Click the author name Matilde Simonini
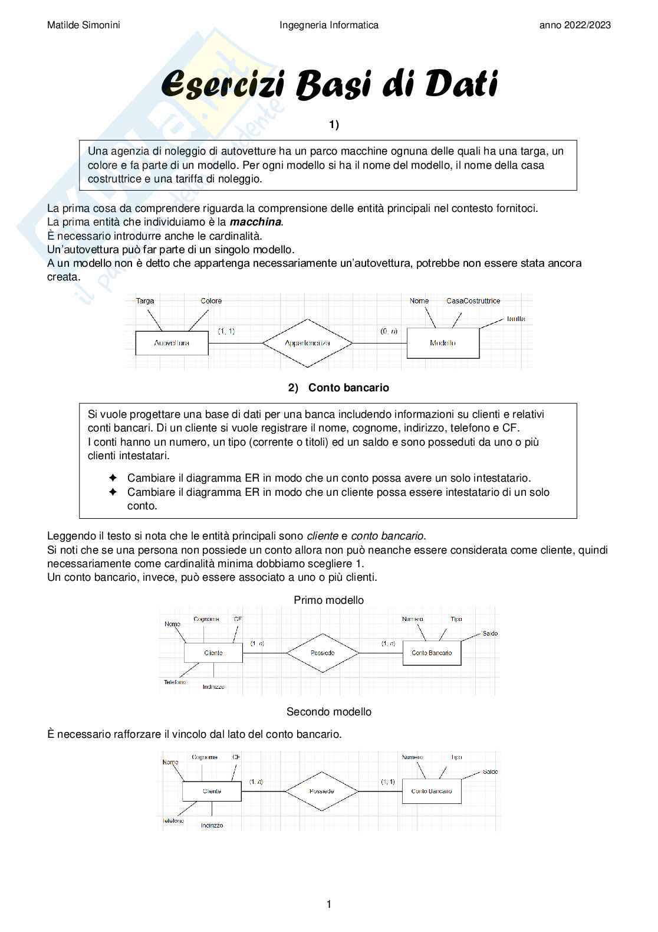[x=83, y=25]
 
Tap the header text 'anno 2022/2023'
[x=575, y=25]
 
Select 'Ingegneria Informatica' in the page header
[x=328, y=25]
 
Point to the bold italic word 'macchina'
[x=255, y=222]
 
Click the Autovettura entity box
[x=172, y=343]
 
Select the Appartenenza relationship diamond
[x=307, y=343]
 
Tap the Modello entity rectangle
[x=443, y=343]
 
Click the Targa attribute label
[x=145, y=301]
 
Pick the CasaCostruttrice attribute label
[x=473, y=301]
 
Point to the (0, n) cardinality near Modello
[x=389, y=331]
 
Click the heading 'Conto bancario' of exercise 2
[x=348, y=388]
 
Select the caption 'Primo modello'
[x=328, y=600]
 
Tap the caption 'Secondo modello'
[x=328, y=712]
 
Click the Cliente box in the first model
[x=213, y=653]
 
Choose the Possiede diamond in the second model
[x=322, y=791]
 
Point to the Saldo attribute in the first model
[x=490, y=633]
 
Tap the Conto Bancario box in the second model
[x=432, y=791]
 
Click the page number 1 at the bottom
[x=329, y=904]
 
